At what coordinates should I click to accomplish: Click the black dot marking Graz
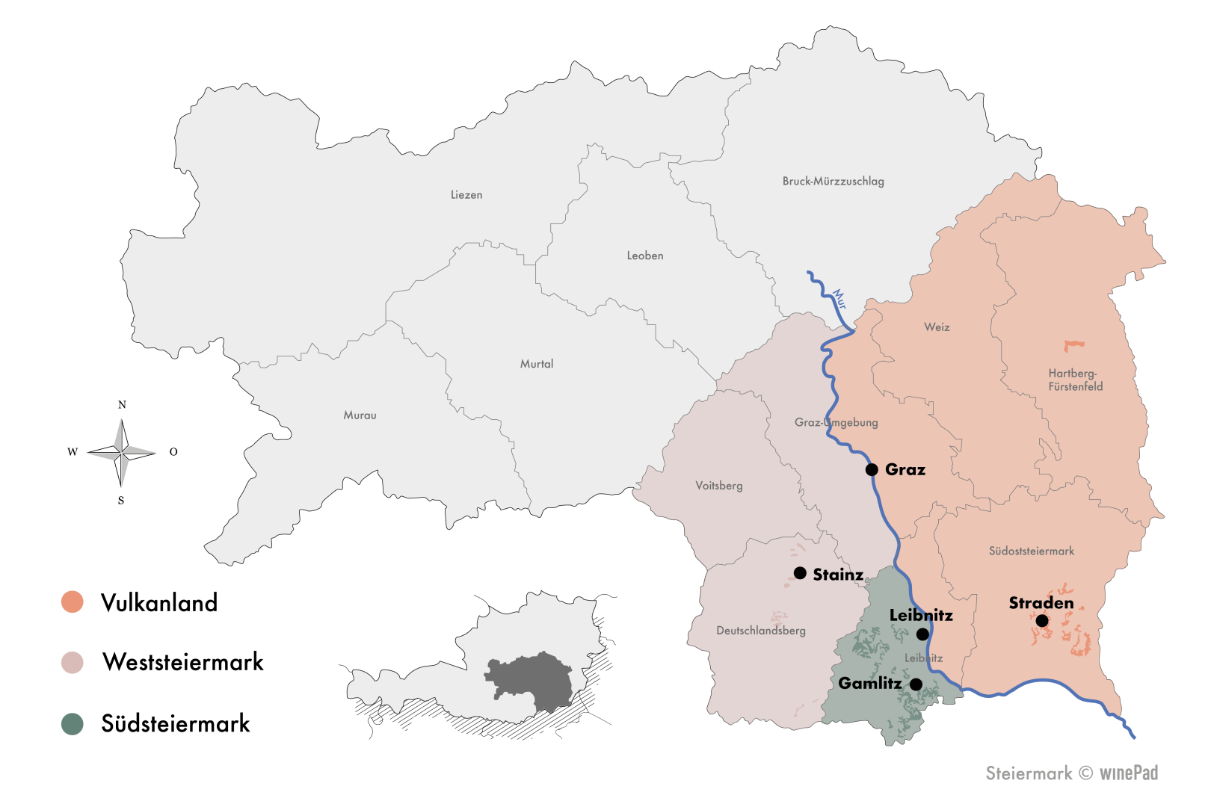[872, 470]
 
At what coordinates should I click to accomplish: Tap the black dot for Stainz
[800, 573]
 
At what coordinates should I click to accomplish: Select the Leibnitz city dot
[922, 634]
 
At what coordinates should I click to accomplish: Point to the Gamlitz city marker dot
[916, 684]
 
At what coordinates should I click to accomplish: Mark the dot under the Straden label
[1042, 621]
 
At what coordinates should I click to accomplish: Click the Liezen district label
[466, 195]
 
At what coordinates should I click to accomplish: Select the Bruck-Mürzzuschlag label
[833, 181]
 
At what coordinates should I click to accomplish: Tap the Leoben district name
[645, 256]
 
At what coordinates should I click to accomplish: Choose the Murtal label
[537, 364]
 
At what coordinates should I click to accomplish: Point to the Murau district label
[360, 415]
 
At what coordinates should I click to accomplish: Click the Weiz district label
[937, 327]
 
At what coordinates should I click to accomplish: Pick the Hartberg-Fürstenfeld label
[1075, 380]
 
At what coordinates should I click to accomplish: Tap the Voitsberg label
[719, 486]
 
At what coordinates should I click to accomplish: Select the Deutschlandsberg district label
[761, 631]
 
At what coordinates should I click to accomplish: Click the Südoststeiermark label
[1032, 551]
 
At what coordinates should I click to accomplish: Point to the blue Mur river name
[839, 299]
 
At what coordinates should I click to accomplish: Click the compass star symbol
[122, 452]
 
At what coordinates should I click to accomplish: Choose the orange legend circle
[73, 602]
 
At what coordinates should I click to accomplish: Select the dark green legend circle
[73, 724]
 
